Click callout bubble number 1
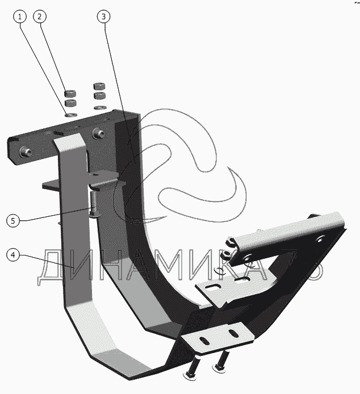coord(21,16)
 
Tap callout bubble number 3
coord(103,16)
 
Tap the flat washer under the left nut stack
coord(70,114)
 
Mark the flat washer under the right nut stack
coord(99,107)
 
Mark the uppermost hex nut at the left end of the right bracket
coord(232,240)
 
